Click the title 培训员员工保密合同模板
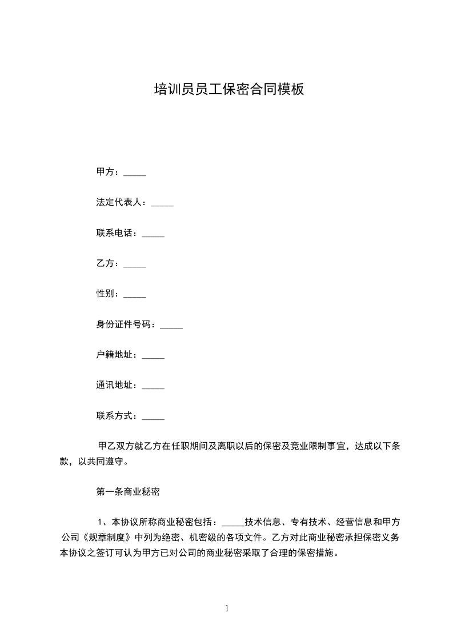[229, 89]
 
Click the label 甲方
[107, 173]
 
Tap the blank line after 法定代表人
[162, 203]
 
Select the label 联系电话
[116, 233]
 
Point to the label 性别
[107, 294]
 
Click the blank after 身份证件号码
[171, 326]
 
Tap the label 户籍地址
[116, 355]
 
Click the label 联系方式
[116, 416]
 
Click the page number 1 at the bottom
[227, 608]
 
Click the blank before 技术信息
[232, 523]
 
